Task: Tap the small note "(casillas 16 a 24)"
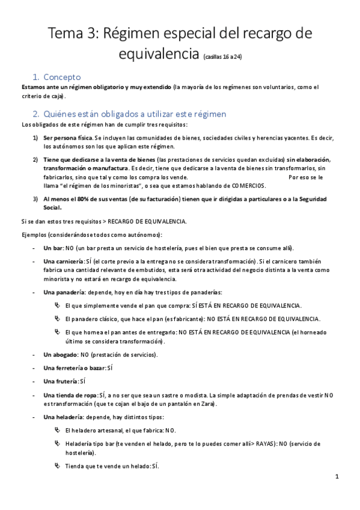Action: tap(223, 58)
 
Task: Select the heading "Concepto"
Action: tap(67, 77)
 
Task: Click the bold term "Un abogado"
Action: tap(61, 355)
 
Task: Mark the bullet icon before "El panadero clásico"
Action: tap(57, 318)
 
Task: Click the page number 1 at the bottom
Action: tap(337, 477)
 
